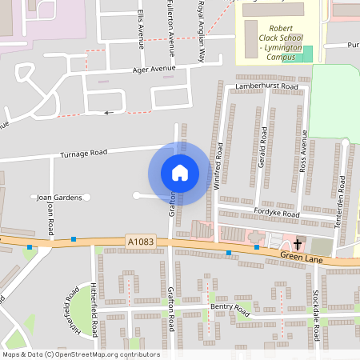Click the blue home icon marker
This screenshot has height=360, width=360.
(x=180, y=173)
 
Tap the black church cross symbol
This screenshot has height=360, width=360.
(x=298, y=244)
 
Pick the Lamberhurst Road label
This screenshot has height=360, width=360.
(x=266, y=86)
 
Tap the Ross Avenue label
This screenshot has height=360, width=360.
(x=303, y=153)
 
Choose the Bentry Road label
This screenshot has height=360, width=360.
(x=226, y=306)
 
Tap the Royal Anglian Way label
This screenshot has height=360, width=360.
(x=201, y=30)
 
